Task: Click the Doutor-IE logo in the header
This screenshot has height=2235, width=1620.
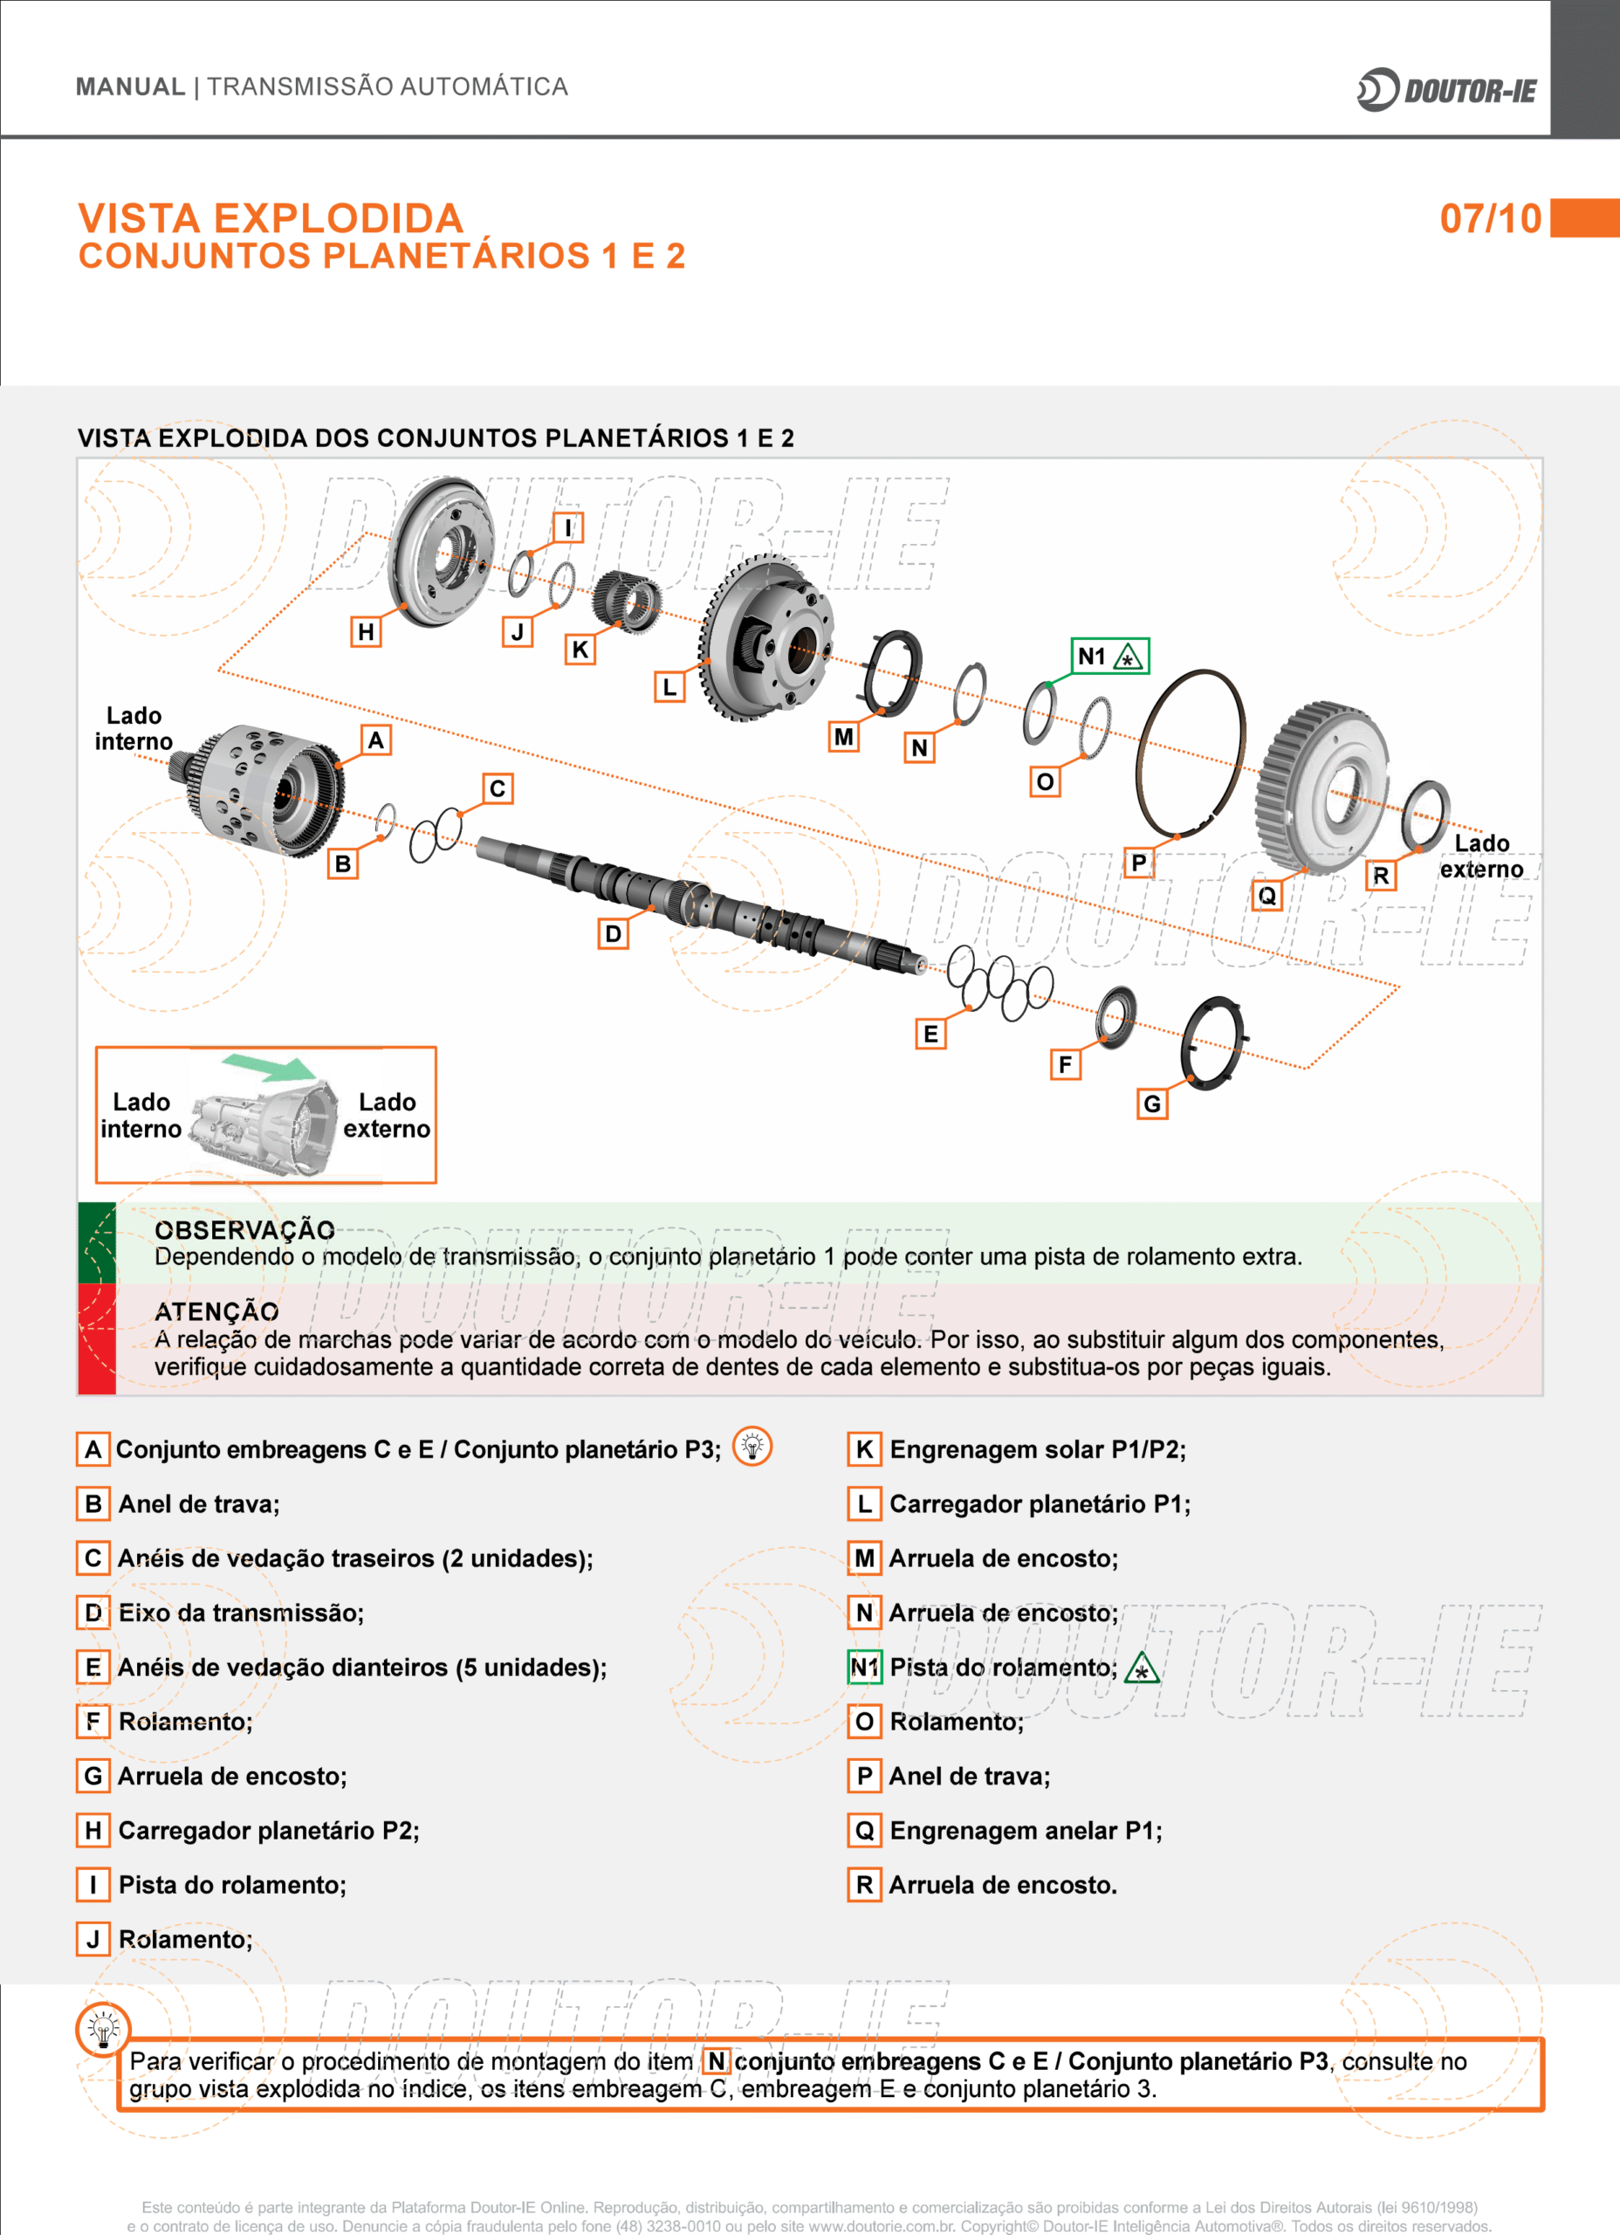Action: click(x=1446, y=90)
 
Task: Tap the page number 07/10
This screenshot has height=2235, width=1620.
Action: click(x=1491, y=217)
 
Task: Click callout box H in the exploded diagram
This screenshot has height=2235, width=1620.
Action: click(x=366, y=632)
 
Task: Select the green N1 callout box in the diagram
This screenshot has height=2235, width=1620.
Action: click(x=1109, y=657)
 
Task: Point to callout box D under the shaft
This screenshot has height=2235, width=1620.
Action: click(x=613, y=933)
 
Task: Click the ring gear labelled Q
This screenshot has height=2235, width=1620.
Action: click(x=1323, y=788)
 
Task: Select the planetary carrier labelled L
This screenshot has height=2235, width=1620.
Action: click(x=767, y=636)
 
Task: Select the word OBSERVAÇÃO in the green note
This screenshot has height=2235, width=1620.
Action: click(x=244, y=1230)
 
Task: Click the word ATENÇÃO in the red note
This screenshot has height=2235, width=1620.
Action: click(x=216, y=1311)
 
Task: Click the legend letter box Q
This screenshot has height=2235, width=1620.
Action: click(x=864, y=1831)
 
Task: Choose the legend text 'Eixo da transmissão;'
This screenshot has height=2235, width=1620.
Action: click(x=242, y=1613)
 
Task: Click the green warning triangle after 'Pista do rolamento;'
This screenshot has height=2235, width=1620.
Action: click(x=1142, y=1668)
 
